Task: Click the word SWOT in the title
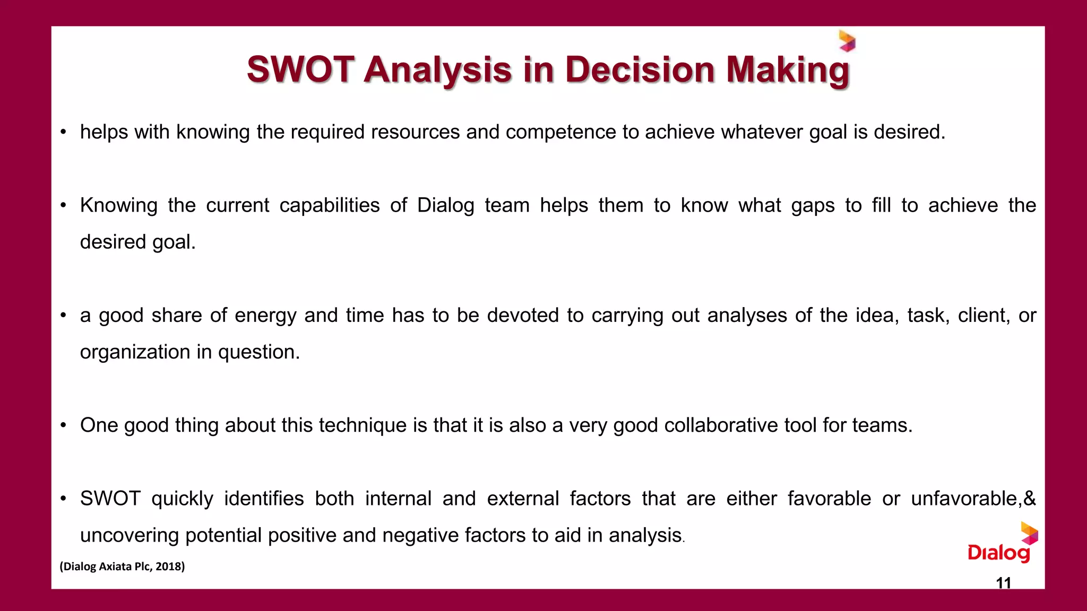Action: point(300,69)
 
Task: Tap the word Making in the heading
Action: point(788,71)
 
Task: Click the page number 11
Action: point(1003,583)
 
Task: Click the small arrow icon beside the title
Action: point(847,41)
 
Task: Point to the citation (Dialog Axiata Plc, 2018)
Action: point(122,566)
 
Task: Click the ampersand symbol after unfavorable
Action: point(1030,499)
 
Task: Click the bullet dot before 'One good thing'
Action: point(63,425)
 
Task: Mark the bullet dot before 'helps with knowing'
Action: point(63,132)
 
